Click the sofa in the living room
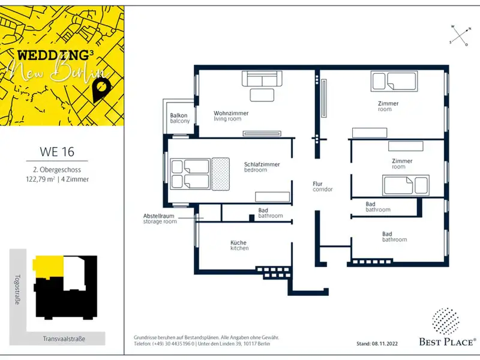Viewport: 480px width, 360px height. tap(262, 79)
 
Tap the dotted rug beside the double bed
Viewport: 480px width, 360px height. tap(220, 174)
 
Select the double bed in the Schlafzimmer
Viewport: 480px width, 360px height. tap(190, 174)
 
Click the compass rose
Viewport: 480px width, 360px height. tap(460, 36)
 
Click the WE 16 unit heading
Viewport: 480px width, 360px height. tap(57, 152)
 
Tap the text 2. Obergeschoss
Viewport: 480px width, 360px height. tap(57, 170)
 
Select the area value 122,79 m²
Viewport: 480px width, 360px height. tap(40, 179)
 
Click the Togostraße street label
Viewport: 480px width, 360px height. tap(17, 289)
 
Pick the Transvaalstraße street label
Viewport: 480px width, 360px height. tap(64, 339)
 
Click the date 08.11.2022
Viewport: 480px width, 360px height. tap(385, 344)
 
